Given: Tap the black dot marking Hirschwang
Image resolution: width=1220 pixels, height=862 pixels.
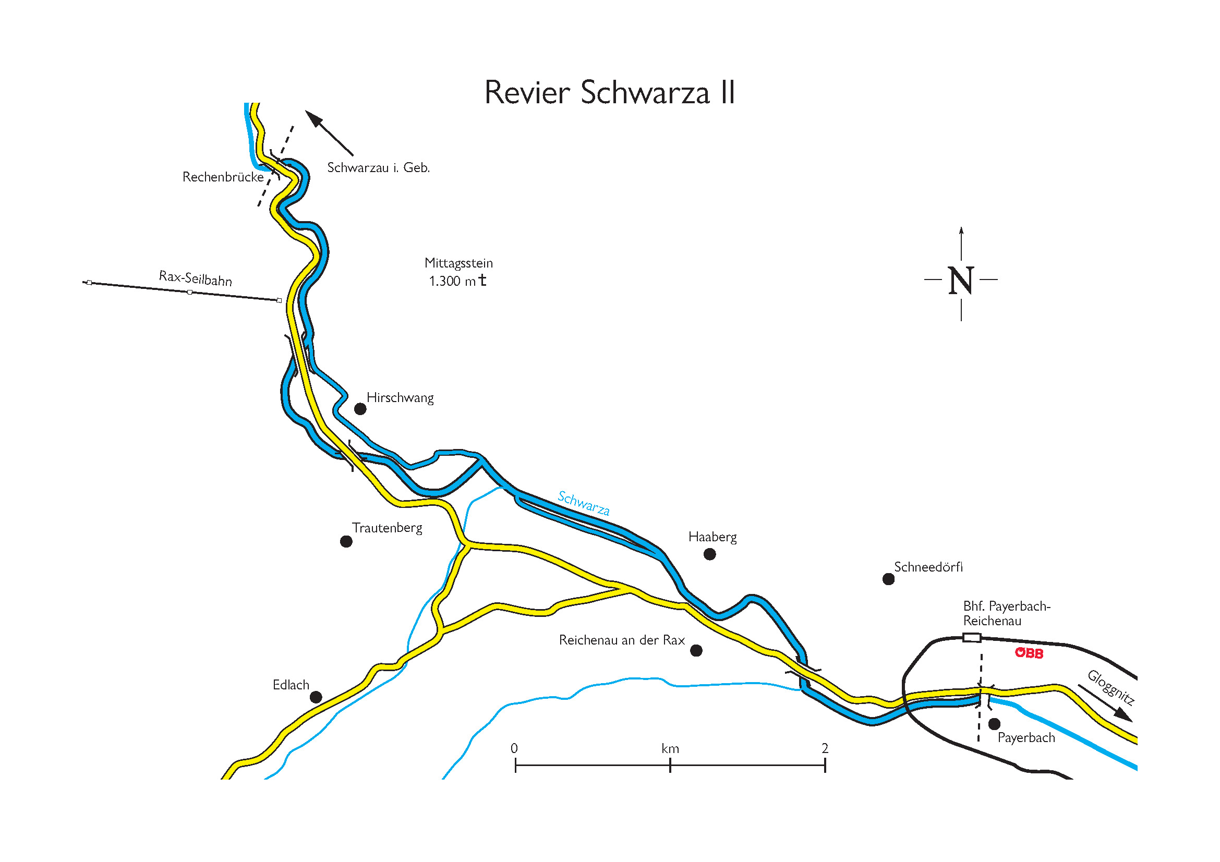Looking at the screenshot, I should pyautogui.click(x=360, y=409).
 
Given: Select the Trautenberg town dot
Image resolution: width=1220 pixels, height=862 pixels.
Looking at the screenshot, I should pyautogui.click(x=346, y=542).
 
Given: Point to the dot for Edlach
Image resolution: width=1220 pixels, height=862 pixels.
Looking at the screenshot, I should pyautogui.click(x=316, y=697).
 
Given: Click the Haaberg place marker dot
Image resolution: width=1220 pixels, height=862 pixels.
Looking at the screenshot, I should pyautogui.click(x=709, y=554).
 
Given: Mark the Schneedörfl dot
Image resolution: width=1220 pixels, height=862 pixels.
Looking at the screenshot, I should pyautogui.click(x=888, y=579).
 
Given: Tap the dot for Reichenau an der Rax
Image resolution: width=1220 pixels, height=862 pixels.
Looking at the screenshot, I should pyautogui.click(x=696, y=651).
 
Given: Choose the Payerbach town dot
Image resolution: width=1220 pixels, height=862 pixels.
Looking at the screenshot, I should pyautogui.click(x=995, y=724).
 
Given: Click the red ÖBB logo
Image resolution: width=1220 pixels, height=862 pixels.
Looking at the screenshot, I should pyautogui.click(x=1029, y=653).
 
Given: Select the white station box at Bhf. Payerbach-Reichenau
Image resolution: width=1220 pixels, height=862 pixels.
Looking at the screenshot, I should pyautogui.click(x=972, y=638).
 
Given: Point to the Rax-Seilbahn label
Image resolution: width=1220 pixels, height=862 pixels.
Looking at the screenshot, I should pyautogui.click(x=196, y=278).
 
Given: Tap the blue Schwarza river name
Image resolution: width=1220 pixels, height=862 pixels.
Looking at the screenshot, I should pyautogui.click(x=584, y=503).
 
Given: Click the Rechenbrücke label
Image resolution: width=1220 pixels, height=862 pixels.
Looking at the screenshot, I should pyautogui.click(x=223, y=177).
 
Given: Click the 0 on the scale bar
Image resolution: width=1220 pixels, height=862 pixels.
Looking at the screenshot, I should pyautogui.click(x=514, y=748).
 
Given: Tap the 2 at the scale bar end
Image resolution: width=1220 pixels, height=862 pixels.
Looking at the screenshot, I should pyautogui.click(x=825, y=748).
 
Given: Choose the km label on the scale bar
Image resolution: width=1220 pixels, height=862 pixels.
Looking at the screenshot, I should pyautogui.click(x=670, y=749).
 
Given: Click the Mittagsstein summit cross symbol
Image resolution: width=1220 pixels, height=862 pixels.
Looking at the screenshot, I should pyautogui.click(x=482, y=280).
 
